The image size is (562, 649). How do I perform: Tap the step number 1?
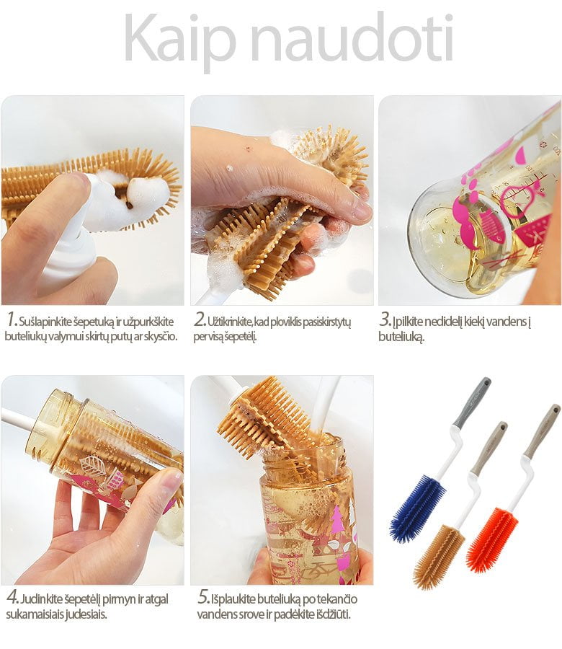pos(12,320)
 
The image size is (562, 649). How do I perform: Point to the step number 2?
pos(200,320)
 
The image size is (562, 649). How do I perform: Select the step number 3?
pos(385,320)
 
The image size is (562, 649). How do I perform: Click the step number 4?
pos(12,597)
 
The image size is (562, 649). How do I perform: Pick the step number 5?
pos(203,597)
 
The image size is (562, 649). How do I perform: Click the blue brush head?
pos(418,508)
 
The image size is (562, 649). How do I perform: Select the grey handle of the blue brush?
pos(472,402)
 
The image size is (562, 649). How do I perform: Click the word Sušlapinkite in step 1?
pos(46,322)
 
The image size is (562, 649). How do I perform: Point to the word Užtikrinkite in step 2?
pos(230,322)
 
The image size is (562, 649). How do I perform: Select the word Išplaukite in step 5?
pos(233,599)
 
